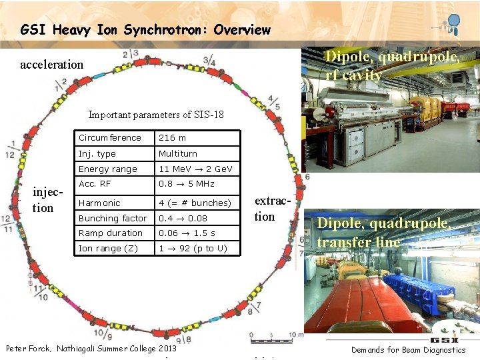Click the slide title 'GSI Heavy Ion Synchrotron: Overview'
pos(145,29)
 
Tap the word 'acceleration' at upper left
pos(52,65)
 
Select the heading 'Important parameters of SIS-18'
pos(156,115)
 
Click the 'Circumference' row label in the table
pos(110,138)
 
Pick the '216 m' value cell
pos(172,138)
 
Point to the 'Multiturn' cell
pos(177,154)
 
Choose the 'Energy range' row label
pos(107,169)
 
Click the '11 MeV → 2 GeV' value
pos(195,169)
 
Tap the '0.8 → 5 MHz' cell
pos(186,184)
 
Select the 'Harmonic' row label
pos(99,203)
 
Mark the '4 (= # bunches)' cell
pos(194,203)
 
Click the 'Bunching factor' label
pos(112,219)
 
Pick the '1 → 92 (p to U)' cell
pos(192,249)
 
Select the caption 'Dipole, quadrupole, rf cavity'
pos(391,66)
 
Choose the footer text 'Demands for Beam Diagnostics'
pos(408,350)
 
